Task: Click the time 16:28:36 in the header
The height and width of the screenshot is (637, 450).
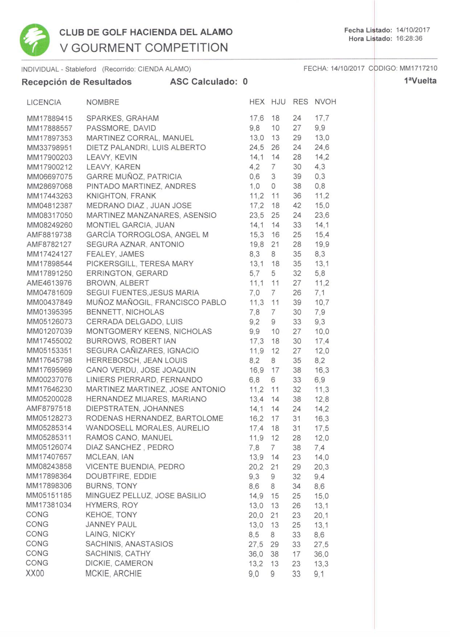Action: (409, 38)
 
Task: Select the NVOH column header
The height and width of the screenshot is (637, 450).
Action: (325, 102)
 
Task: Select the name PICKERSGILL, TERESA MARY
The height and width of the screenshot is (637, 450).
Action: (140, 264)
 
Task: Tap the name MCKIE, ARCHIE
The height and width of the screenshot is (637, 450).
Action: (113, 573)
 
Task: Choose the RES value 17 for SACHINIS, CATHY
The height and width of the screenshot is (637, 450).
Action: (296, 554)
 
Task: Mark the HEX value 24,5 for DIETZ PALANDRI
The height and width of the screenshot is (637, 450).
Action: (256, 147)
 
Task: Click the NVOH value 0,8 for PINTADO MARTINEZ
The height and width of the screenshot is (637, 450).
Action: (320, 186)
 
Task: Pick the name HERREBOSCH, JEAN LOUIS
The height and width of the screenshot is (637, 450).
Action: (136, 360)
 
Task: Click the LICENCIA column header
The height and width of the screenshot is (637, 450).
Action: (44, 102)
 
